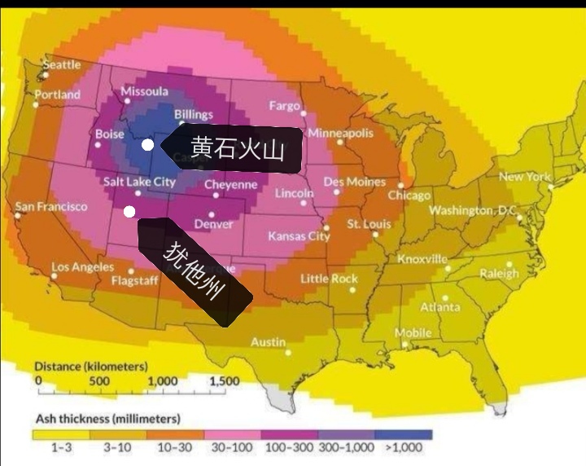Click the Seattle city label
(x=62, y=64)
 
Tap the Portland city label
(x=57, y=95)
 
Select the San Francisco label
(x=51, y=206)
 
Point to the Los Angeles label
(x=83, y=267)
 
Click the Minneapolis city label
(x=340, y=133)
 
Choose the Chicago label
(x=409, y=196)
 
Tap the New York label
(x=524, y=177)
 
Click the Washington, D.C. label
(x=473, y=210)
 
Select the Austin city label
(x=268, y=342)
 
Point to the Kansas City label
(x=299, y=236)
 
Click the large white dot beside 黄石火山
(x=147, y=145)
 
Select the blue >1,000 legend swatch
(x=405, y=435)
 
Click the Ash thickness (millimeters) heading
(x=107, y=419)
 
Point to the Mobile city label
(x=413, y=333)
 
